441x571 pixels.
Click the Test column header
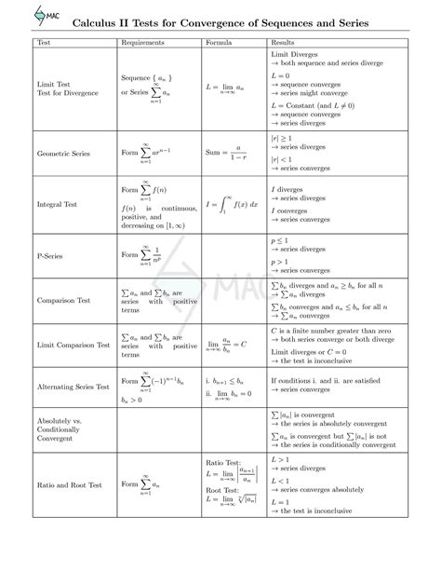(x=43, y=44)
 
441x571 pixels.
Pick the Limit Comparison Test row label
(x=73, y=345)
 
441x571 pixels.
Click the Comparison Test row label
(x=63, y=301)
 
